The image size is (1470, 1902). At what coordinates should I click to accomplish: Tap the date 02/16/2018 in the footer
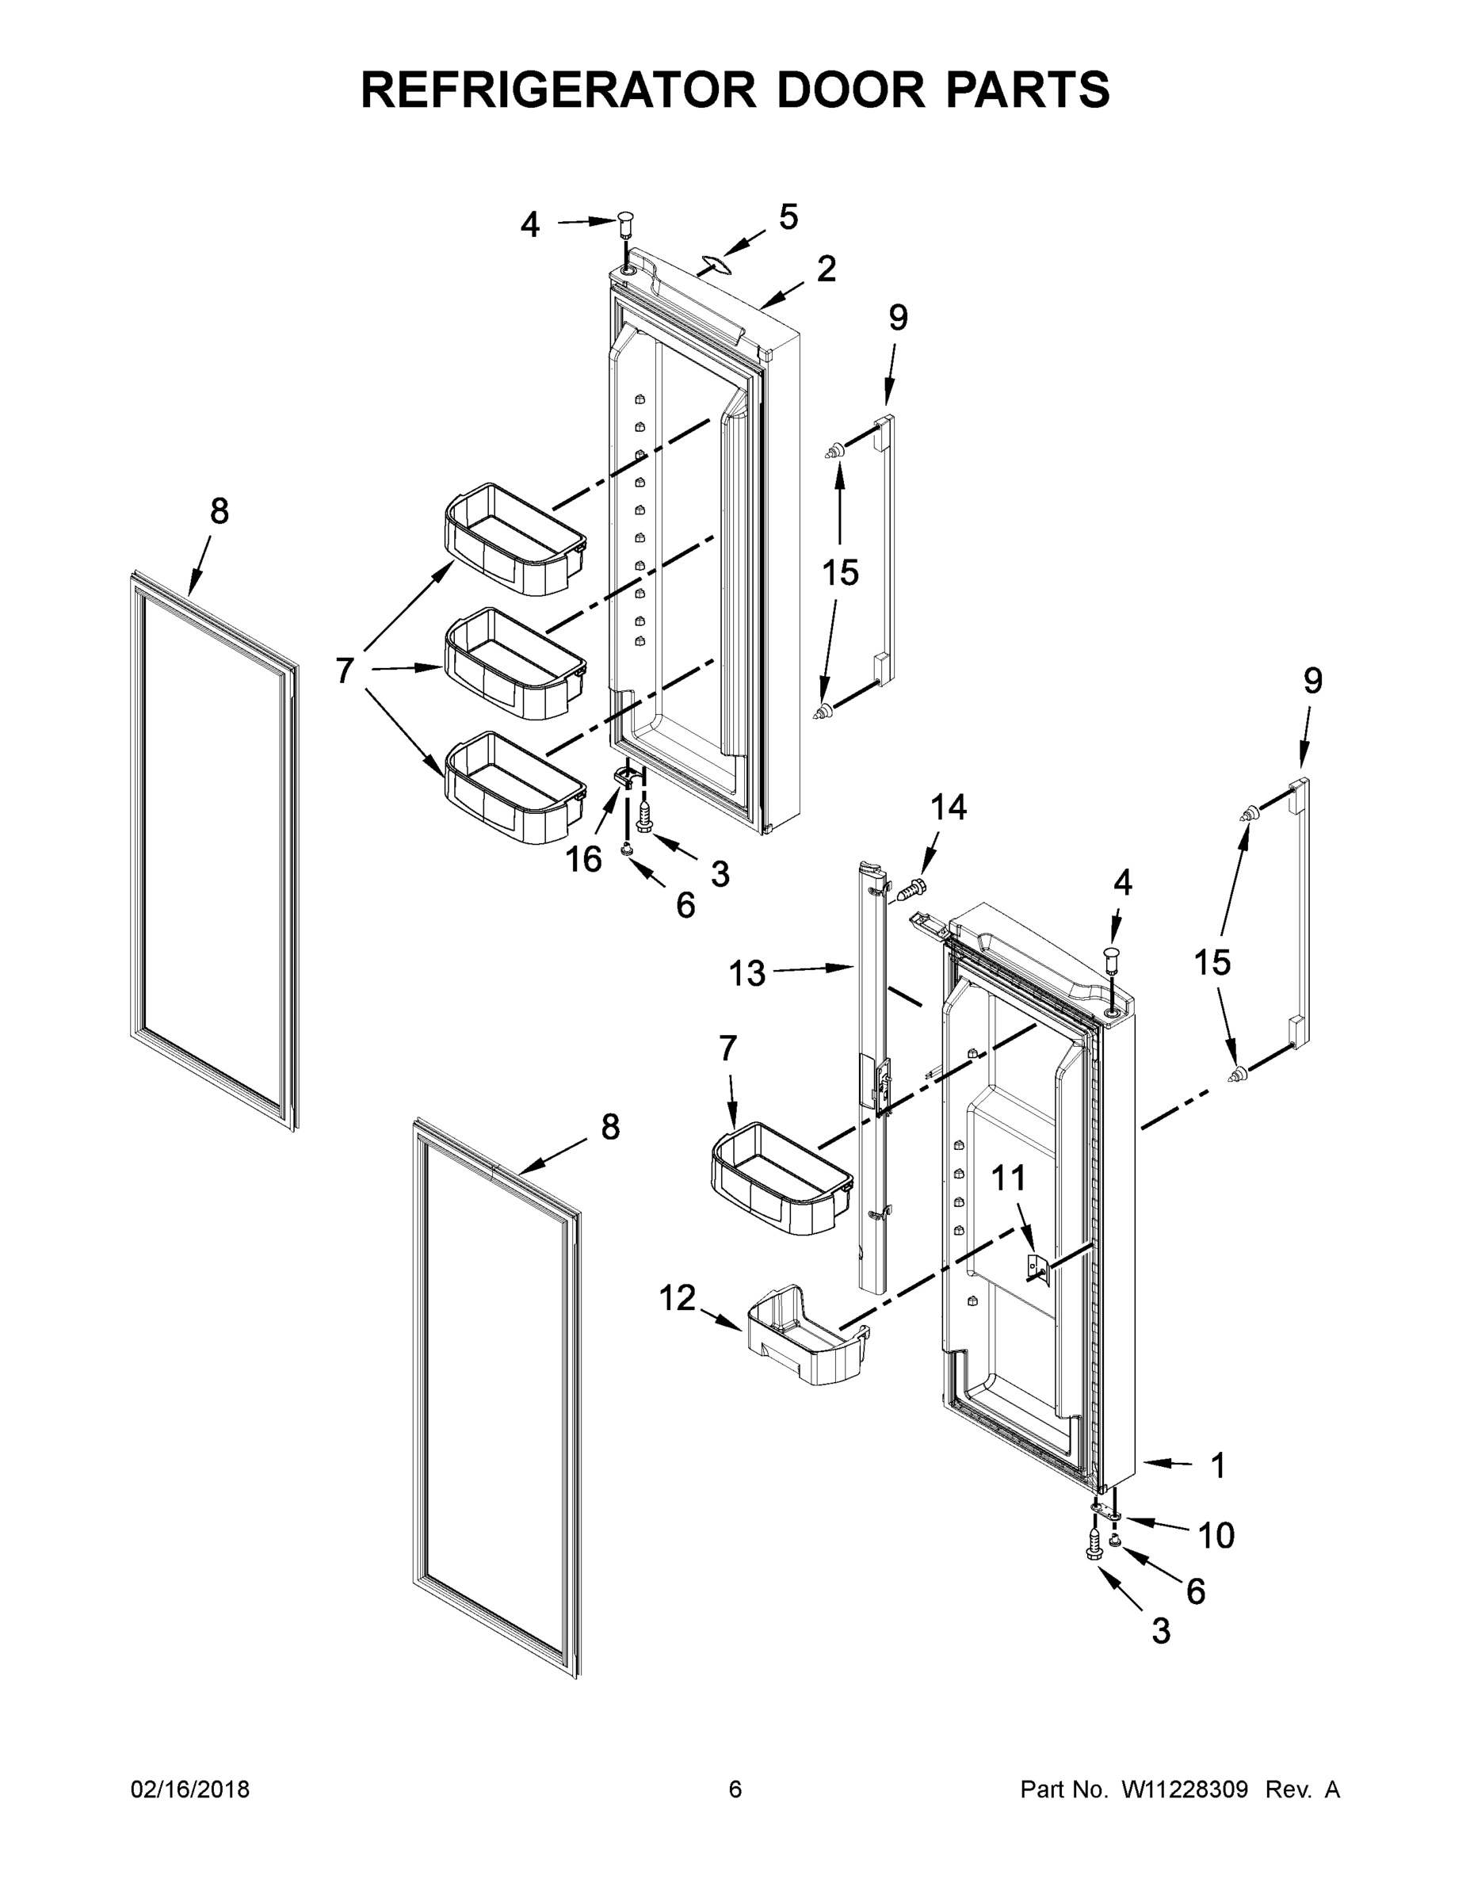pyautogui.click(x=190, y=1789)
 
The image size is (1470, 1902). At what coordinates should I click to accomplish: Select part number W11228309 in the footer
pyautogui.click(x=1185, y=1789)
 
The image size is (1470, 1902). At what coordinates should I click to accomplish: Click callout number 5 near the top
pyautogui.click(x=788, y=217)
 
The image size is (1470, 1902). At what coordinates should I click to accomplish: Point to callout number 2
pyautogui.click(x=826, y=269)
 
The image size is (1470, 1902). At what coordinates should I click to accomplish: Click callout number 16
pyautogui.click(x=583, y=860)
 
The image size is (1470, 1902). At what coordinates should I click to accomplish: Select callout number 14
pyautogui.click(x=949, y=808)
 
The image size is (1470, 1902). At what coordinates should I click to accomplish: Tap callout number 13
pyautogui.click(x=747, y=972)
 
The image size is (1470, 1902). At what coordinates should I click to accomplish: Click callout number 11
pyautogui.click(x=1010, y=1178)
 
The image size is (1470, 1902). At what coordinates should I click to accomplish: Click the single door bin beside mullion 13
pyautogui.click(x=781, y=1178)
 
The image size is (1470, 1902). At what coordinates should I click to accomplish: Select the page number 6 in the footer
pyautogui.click(x=735, y=1789)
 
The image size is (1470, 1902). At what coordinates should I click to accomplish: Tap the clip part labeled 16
pyautogui.click(x=623, y=773)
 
